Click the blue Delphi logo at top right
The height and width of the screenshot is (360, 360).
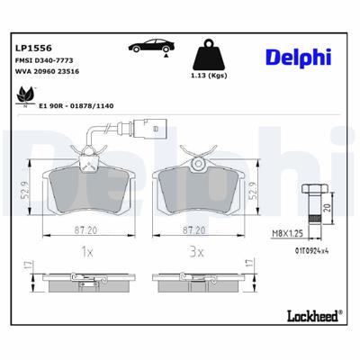coord(297,58)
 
